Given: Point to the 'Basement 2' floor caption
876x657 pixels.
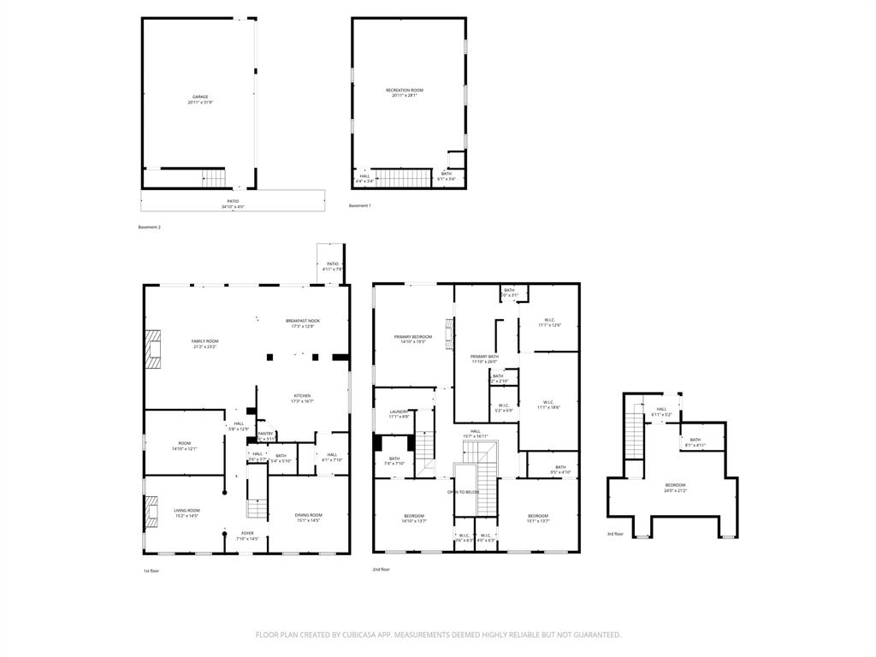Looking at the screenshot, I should tap(149, 227).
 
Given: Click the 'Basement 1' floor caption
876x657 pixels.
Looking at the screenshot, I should tap(359, 205).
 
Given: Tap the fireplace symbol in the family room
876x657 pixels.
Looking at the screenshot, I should tap(152, 350).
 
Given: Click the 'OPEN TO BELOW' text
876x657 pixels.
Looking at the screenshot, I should tap(463, 492).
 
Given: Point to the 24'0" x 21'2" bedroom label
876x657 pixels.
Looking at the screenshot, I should tap(675, 488).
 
